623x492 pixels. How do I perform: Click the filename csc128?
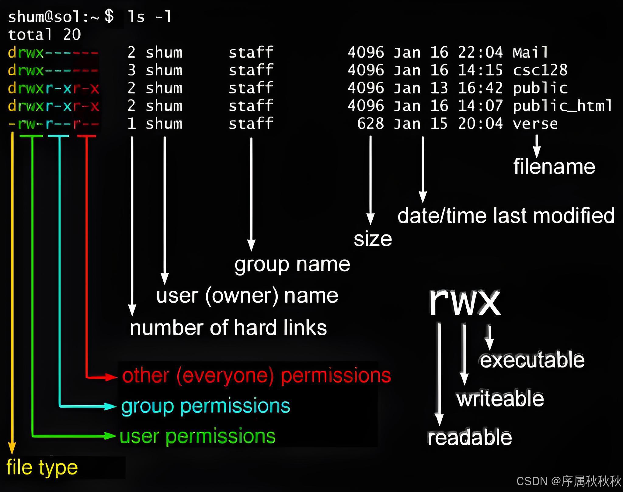coord(540,70)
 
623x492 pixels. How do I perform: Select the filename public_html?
coord(562,106)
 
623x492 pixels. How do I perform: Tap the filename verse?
coord(535,124)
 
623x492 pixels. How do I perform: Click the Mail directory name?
coord(530,52)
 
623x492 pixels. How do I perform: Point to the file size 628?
coord(370,124)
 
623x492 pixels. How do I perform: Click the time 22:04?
coord(480,52)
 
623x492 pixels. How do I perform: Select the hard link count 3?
coord(131,70)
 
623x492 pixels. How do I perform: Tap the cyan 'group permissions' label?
coord(206,406)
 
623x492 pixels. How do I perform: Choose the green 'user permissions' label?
coord(197,436)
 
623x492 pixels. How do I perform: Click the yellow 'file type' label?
coord(42,468)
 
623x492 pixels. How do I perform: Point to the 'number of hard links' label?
coord(228,328)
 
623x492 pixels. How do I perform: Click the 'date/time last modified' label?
coord(506,216)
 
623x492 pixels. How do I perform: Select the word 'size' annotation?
coord(373,239)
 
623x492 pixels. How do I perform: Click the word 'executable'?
coord(532,360)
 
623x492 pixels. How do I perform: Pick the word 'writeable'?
coord(500,399)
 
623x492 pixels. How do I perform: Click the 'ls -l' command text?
coord(149,16)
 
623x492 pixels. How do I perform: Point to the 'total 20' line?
coord(44,34)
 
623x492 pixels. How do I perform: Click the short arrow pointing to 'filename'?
coord(537,146)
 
